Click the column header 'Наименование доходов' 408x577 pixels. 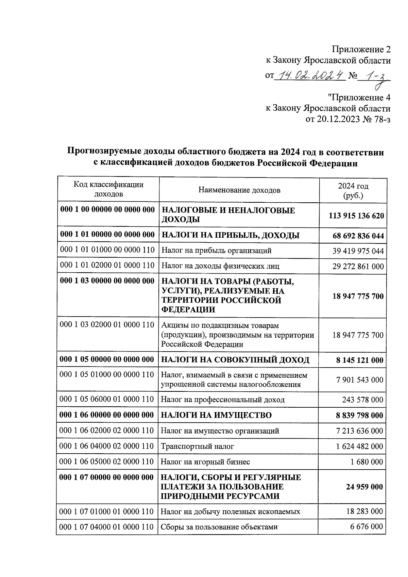click(239, 190)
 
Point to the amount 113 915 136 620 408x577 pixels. click(356, 216)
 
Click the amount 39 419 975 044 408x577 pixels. click(358, 251)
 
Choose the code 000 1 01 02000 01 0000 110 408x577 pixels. click(107, 265)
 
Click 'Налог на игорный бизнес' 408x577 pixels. click(205, 462)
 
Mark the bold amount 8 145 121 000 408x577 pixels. click(359, 360)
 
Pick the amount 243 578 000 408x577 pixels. click(362, 400)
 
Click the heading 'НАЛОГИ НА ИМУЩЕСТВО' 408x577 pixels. click(216, 415)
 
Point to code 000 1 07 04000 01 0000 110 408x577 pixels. click(106, 527)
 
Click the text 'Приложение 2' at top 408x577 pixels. click(361, 50)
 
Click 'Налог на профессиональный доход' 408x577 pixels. click(222, 400)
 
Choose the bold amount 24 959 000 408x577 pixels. click(364, 487)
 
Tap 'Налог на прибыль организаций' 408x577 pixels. click(216, 251)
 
